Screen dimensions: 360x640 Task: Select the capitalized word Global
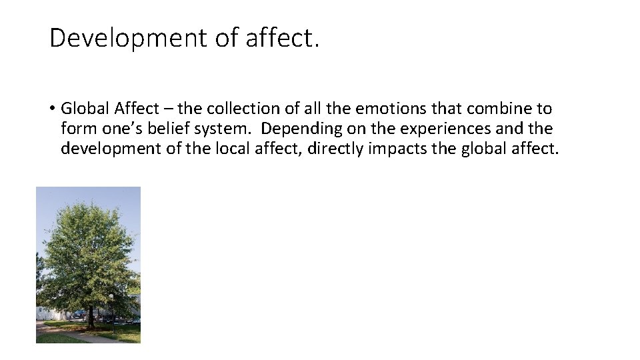coord(85,109)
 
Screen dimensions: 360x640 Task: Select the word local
coord(245,149)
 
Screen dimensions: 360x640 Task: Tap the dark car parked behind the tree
coord(79,313)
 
